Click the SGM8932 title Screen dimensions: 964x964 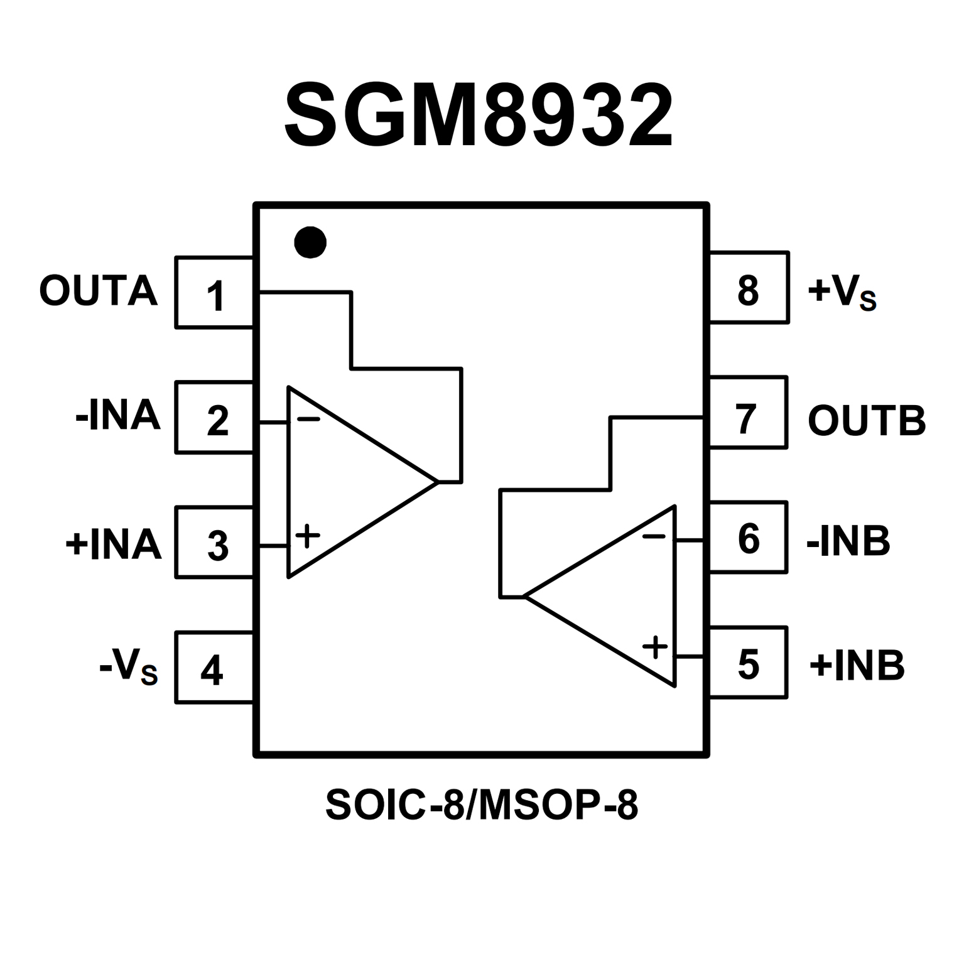click(x=479, y=116)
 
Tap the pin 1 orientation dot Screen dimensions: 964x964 click(x=310, y=242)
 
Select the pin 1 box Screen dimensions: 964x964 click(x=215, y=293)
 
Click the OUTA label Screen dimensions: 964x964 click(x=98, y=291)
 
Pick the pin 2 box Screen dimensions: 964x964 click(x=215, y=417)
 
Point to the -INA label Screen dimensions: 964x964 click(x=118, y=416)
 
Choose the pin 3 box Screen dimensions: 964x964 click(x=215, y=542)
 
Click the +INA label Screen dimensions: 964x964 click(x=114, y=543)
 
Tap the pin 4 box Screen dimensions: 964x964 click(x=215, y=667)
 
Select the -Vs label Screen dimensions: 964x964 click(x=128, y=668)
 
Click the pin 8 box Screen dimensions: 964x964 click(x=749, y=288)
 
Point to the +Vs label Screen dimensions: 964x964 click(x=842, y=293)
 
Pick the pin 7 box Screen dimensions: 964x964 click(x=747, y=413)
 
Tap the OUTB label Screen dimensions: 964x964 click(x=867, y=420)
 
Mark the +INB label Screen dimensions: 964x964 click(x=857, y=665)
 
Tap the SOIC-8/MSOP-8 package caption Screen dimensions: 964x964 click(x=482, y=805)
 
